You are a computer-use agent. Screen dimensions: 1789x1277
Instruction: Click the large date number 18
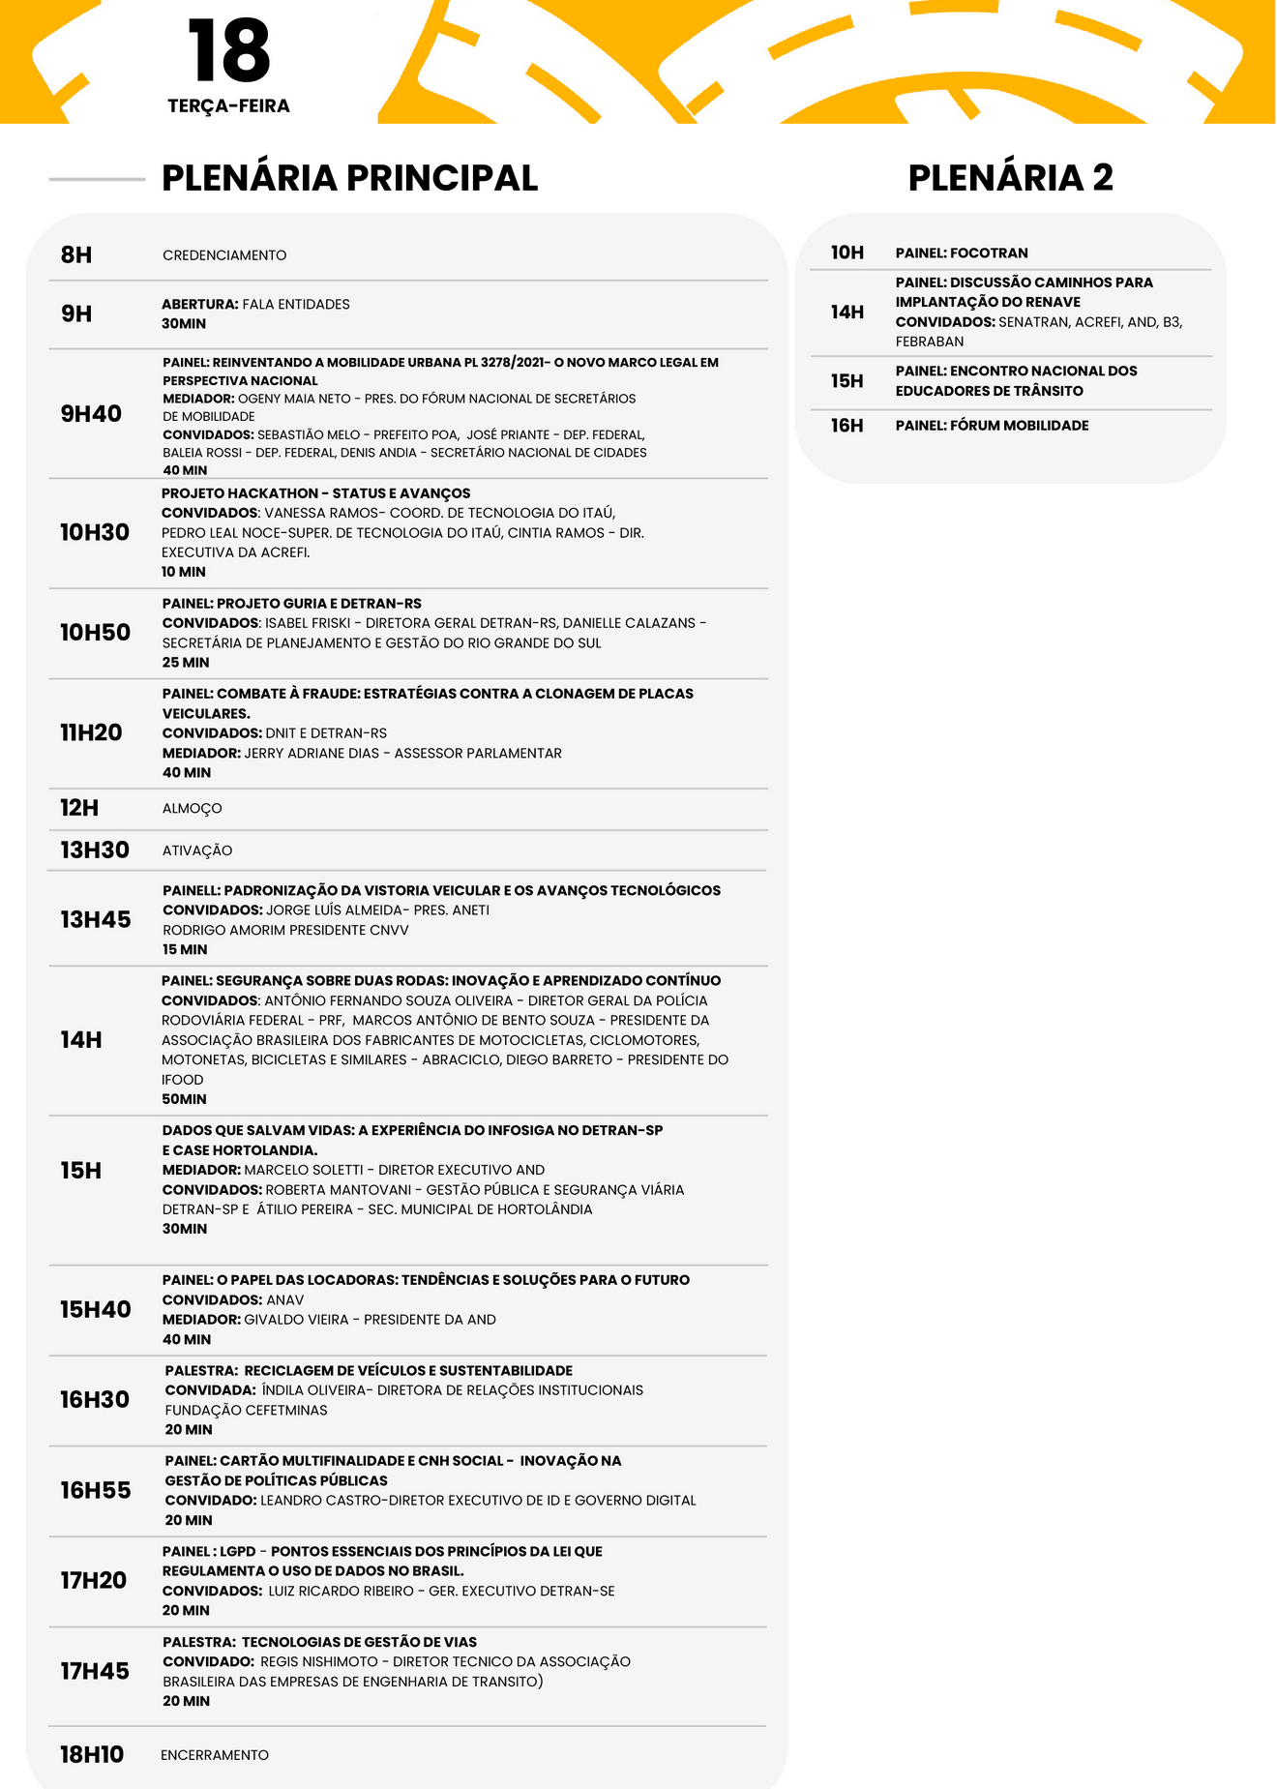pyautogui.click(x=228, y=52)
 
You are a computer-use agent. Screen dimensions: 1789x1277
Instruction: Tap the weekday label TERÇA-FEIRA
pyautogui.click(x=228, y=106)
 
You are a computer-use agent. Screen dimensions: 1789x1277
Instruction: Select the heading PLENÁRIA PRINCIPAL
pyautogui.click(x=349, y=178)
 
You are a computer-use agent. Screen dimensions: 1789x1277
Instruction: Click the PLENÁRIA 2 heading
pyautogui.click(x=1010, y=178)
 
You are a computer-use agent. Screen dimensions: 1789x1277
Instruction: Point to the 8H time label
pyautogui.click(x=76, y=255)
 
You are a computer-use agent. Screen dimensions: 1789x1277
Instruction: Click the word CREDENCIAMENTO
pyautogui.click(x=224, y=255)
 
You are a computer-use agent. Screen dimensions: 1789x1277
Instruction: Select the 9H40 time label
pyautogui.click(x=91, y=414)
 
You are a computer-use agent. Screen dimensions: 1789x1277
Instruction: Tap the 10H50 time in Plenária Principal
pyautogui.click(x=95, y=633)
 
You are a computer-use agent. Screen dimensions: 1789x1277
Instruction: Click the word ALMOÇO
pyautogui.click(x=193, y=809)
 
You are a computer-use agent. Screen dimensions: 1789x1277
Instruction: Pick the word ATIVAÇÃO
pyautogui.click(x=197, y=850)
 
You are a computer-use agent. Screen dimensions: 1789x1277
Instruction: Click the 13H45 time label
pyautogui.click(x=96, y=919)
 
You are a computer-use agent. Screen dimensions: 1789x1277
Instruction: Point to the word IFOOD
pyautogui.click(x=183, y=1080)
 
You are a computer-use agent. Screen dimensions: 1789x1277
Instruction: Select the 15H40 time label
pyautogui.click(x=96, y=1310)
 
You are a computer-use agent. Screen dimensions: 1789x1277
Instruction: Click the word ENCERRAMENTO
pyautogui.click(x=215, y=1755)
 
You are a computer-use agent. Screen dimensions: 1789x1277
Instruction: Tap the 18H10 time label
pyautogui.click(x=92, y=1755)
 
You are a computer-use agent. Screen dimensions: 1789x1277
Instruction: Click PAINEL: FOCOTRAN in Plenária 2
pyautogui.click(x=962, y=253)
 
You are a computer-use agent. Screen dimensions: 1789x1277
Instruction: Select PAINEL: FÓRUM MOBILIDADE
pyautogui.click(x=992, y=426)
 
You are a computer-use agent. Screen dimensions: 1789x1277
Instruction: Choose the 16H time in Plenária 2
pyautogui.click(x=846, y=426)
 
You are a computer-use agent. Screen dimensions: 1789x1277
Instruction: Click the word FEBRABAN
pyautogui.click(x=929, y=342)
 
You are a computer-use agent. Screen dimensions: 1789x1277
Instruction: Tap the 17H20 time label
pyautogui.click(x=94, y=1581)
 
